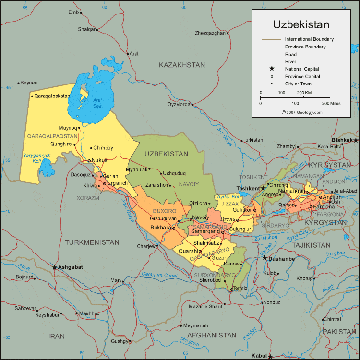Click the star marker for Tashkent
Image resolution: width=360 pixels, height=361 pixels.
coord(263,188)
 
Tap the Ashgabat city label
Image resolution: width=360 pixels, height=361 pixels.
coord(71,267)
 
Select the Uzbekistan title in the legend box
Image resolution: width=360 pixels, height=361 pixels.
coord(301,24)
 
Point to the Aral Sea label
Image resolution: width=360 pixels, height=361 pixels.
coord(97,103)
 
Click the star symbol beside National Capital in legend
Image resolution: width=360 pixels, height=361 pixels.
coord(272,69)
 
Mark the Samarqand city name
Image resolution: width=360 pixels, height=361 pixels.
coord(204,231)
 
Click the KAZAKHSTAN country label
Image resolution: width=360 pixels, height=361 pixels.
coord(182,65)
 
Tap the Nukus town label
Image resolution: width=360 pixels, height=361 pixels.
coord(99,160)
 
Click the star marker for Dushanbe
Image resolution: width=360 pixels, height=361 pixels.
coord(264,258)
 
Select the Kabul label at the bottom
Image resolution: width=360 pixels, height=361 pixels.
coord(259,356)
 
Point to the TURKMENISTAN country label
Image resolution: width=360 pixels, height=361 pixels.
coord(92,242)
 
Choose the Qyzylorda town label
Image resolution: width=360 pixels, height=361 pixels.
coord(179,104)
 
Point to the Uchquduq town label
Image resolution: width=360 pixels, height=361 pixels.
coord(174,173)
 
